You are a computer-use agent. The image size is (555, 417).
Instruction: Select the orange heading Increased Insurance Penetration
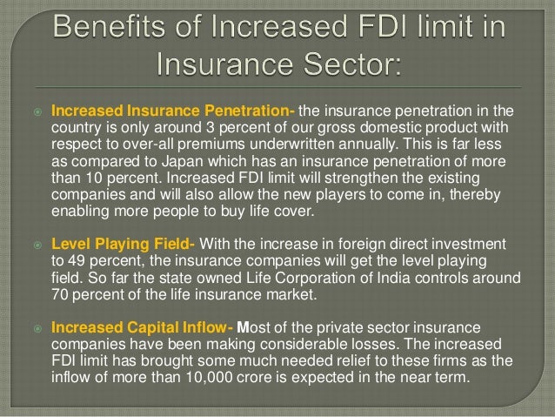[x=172, y=111]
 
